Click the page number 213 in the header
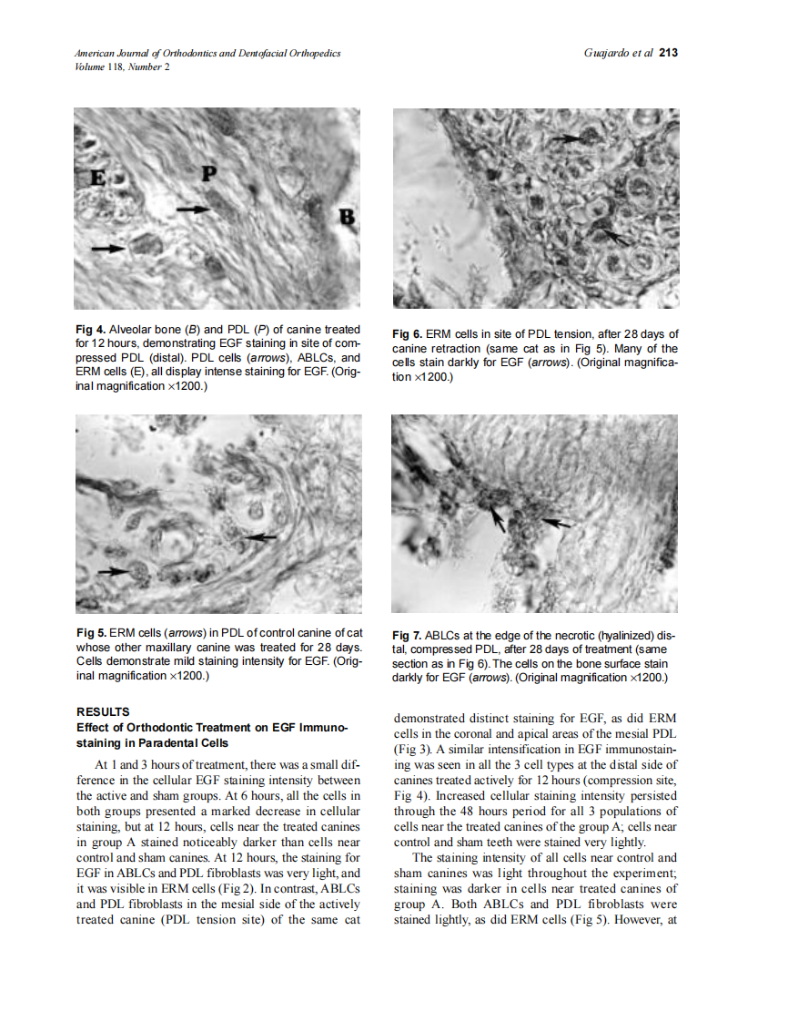pos(668,53)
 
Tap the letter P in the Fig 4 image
pos(209,173)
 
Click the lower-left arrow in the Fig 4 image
pos(110,247)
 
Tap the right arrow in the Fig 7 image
pos(557,523)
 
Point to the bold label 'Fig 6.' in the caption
pos(409,334)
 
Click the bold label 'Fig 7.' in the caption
pos(409,635)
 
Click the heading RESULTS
pos(103,711)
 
